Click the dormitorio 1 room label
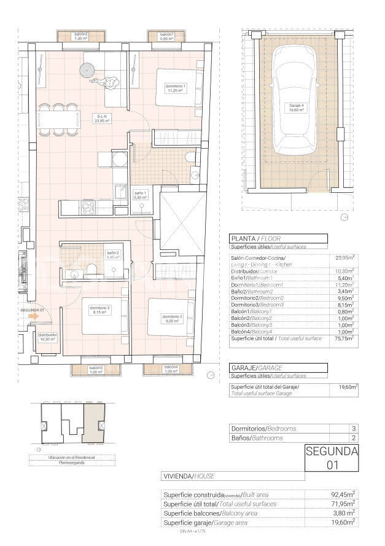click(x=176, y=88)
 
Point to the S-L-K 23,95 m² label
click(x=101, y=119)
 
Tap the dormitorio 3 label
click(x=99, y=310)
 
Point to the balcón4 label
click(x=171, y=369)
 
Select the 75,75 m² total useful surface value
click(x=344, y=338)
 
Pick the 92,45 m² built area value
click(x=343, y=494)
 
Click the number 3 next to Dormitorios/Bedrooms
click(x=353, y=428)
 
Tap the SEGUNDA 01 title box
click(x=332, y=458)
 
